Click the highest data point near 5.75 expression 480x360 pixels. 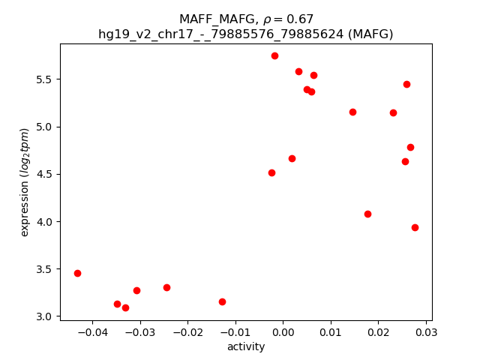click(x=274, y=55)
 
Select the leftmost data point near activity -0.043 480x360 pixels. click(x=77, y=273)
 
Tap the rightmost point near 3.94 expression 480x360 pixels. click(x=415, y=227)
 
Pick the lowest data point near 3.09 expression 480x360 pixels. click(x=125, y=307)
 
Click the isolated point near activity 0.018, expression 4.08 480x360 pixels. click(x=367, y=214)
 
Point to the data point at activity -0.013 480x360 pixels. click(x=222, y=301)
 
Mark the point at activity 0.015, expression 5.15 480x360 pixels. click(x=352, y=112)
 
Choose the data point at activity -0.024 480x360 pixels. click(x=166, y=287)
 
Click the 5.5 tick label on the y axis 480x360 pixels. click(x=44, y=79)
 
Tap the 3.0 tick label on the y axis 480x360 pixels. click(x=44, y=316)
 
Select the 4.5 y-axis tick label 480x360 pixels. click(x=44, y=174)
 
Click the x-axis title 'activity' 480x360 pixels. click(x=246, y=346)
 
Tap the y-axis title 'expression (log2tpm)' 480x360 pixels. click(x=25, y=182)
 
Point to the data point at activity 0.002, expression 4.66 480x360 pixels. click(x=292, y=158)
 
